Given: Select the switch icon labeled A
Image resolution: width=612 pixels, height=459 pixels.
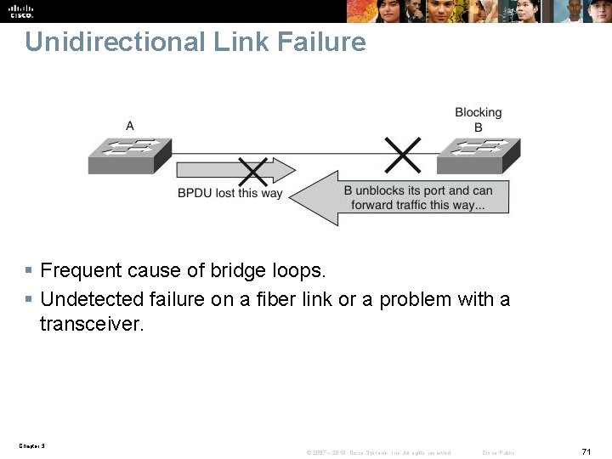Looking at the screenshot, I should coord(129,155).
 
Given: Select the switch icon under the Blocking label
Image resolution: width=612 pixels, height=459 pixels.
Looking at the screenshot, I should coord(478,155).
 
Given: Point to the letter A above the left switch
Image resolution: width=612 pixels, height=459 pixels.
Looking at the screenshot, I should coord(130,126).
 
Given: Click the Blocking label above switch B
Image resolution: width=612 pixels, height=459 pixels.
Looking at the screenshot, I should coord(479,112).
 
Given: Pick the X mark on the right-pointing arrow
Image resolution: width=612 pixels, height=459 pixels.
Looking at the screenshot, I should coord(252,173).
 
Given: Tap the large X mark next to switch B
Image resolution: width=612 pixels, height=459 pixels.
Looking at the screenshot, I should coord(402,154).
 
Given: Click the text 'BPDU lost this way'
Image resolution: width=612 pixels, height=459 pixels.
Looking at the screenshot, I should coord(229,193).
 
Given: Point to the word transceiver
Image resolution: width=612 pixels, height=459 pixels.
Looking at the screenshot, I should coord(91,323).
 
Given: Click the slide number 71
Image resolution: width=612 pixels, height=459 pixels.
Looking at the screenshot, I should coord(586,451).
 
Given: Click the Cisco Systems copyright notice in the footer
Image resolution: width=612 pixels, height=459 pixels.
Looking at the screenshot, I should coord(379,452).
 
